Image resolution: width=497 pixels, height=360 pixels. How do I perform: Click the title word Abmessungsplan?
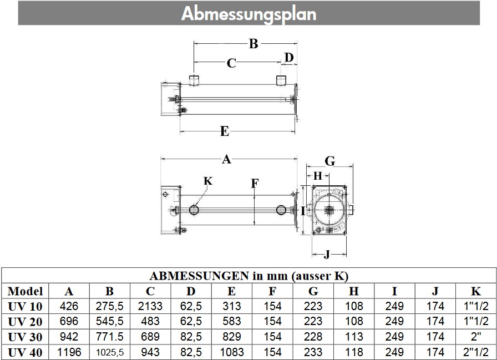coord(248,13)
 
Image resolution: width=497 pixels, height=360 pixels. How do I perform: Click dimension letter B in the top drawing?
coord(253,43)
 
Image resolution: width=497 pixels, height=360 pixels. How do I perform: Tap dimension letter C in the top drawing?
coord(232,63)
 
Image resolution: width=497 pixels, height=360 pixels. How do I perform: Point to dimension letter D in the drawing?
coord(288,57)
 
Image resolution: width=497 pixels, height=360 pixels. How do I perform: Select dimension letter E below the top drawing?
coord(225,131)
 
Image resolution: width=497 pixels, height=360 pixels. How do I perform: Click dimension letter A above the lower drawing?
coord(226,160)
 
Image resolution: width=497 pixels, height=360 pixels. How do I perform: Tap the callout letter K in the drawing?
coord(208,181)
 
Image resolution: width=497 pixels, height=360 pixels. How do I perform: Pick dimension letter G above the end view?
coord(329,161)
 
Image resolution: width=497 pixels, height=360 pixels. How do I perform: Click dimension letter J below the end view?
coord(327,255)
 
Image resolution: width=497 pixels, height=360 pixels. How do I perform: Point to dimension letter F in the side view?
coord(253,183)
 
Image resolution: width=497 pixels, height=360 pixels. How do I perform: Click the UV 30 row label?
coord(26,336)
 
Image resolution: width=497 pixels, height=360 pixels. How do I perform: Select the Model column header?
coord(26,291)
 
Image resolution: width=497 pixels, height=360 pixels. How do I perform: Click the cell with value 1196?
coord(69,352)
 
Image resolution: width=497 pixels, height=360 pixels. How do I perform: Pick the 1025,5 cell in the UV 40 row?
coord(110,352)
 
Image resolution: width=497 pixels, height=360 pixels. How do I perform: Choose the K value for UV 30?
coord(476,336)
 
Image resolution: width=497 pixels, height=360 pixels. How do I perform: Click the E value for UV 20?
coord(232,321)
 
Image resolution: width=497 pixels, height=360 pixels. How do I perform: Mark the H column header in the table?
coord(354,291)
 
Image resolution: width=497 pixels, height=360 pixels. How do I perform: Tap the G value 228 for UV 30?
coord(313,336)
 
